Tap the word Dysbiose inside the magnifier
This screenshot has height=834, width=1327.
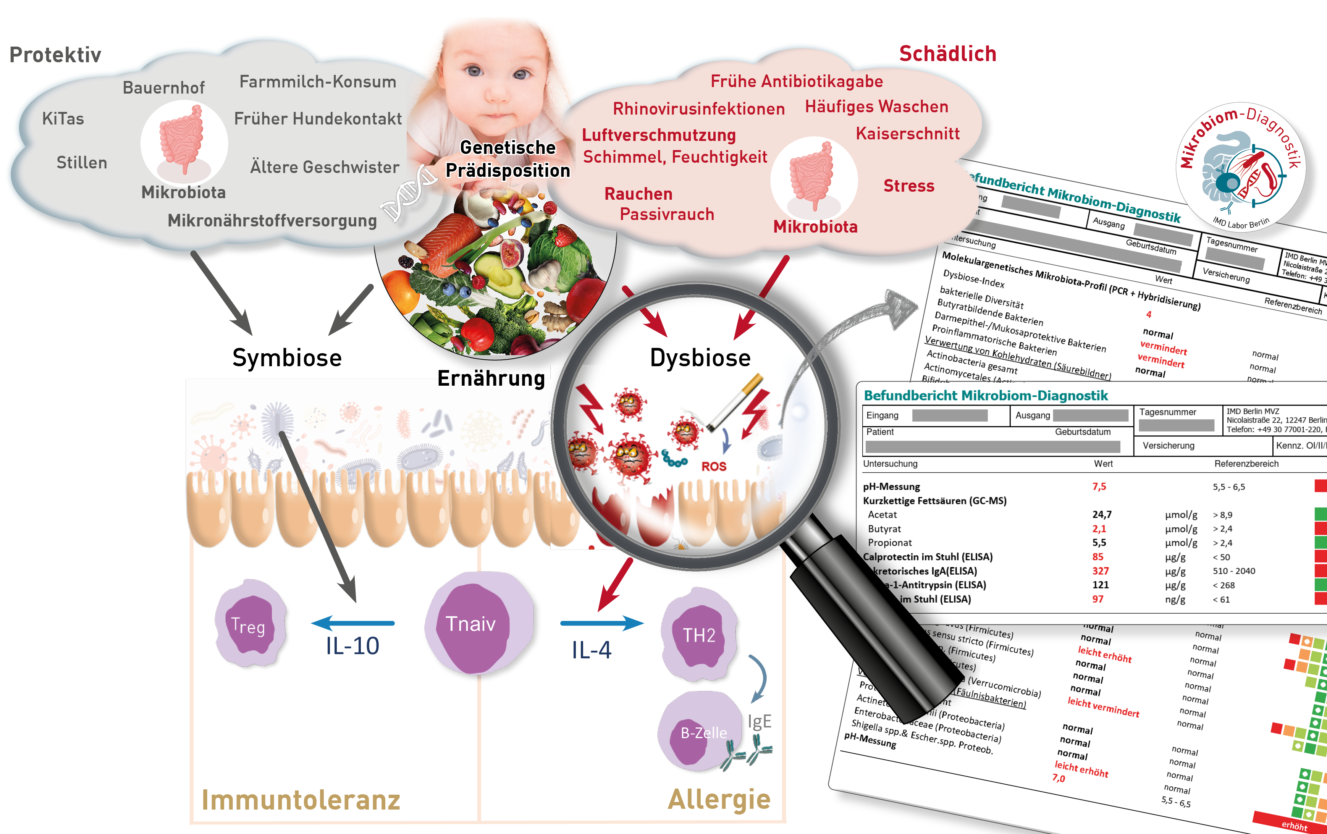pos(700,358)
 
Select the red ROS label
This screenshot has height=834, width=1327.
pos(714,466)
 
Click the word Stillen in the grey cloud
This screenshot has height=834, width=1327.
pos(82,163)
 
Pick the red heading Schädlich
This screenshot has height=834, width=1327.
pos(947,53)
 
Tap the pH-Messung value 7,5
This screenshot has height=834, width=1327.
pos(1099,486)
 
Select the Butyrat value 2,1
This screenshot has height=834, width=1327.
pos(1099,529)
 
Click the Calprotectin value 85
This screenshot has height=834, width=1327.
pos(1098,557)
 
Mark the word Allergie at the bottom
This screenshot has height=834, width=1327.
pos(719,799)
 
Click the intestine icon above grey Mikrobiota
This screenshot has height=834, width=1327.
pos(183,141)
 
